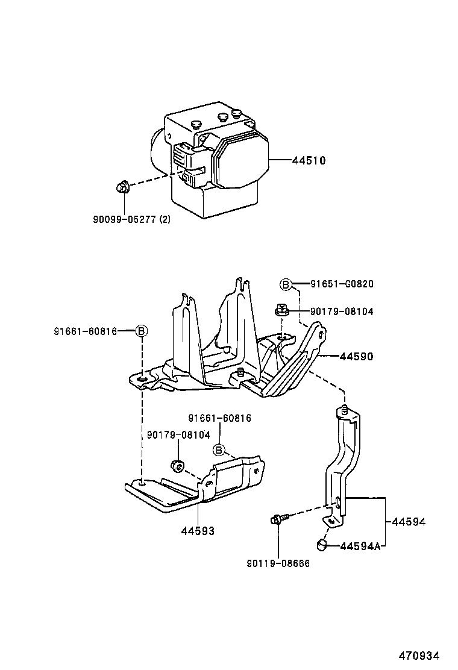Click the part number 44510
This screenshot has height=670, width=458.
309,161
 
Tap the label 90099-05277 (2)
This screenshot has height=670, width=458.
131,219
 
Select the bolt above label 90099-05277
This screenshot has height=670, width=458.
122,189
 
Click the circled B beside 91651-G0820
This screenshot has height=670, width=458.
286,284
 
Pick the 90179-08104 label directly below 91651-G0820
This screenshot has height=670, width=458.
342,312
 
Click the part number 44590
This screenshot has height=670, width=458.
357,357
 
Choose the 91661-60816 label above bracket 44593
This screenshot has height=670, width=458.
219,418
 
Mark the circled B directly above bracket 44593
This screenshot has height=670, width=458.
219,449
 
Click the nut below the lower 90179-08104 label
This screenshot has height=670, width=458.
178,466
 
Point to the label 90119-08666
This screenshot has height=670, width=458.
278,563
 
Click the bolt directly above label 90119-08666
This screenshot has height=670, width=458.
279,518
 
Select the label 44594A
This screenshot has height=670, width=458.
360,546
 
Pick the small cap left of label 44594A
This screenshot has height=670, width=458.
322,545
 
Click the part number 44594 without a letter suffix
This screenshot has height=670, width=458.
409,522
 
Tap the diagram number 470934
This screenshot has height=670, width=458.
418,656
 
